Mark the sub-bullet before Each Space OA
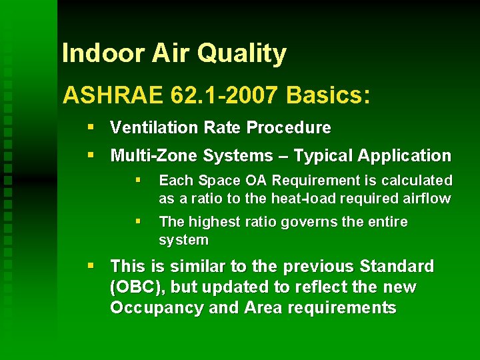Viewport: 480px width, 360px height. [138, 180]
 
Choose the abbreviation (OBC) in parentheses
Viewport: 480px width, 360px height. [133, 287]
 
